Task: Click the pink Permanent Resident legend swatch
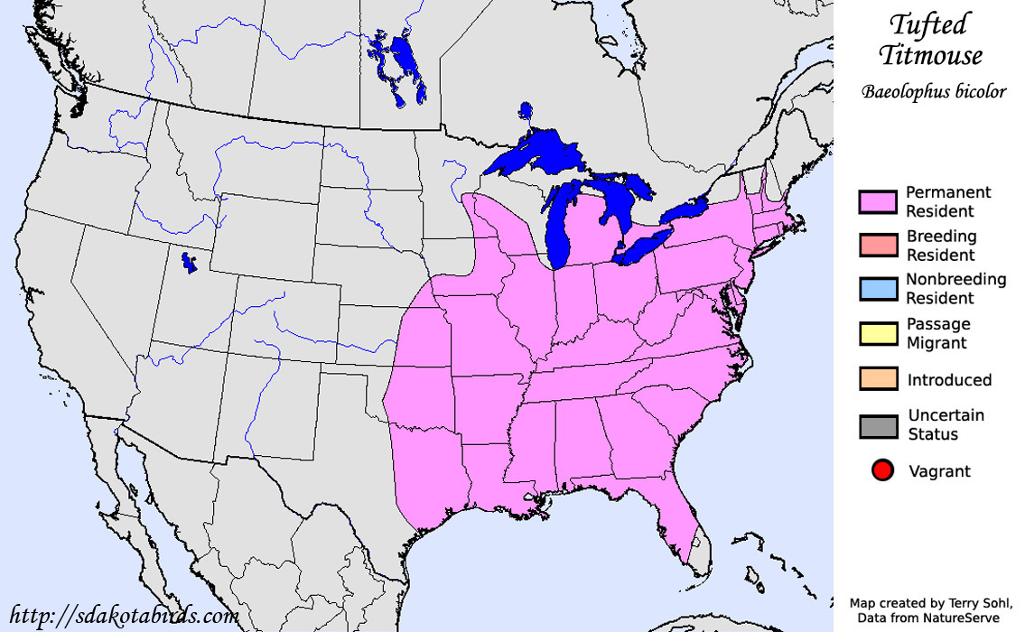tap(878, 202)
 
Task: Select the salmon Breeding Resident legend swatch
tap(878, 246)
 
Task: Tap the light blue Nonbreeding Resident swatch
tap(878, 289)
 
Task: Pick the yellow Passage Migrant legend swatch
tap(878, 333)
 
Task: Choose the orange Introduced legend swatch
tap(878, 379)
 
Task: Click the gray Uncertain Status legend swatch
tap(878, 425)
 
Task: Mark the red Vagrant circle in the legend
tap(882, 470)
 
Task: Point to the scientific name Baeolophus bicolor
tap(933, 92)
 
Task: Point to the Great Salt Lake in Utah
tap(190, 265)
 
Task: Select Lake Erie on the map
tap(643, 246)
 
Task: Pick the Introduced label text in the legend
tap(949, 380)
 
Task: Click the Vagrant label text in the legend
tap(939, 471)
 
